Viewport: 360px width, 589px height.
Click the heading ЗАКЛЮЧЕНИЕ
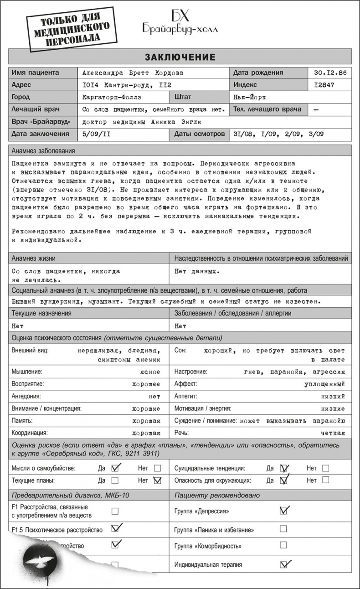tap(180, 57)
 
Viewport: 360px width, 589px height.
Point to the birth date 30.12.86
tap(330, 73)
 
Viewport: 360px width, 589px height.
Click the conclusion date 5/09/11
tap(94, 134)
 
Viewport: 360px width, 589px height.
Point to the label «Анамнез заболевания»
tap(43, 151)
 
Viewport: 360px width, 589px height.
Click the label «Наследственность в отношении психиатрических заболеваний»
tap(261, 258)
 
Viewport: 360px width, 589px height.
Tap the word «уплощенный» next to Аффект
tap(324, 384)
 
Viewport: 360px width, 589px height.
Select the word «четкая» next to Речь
tap(333, 433)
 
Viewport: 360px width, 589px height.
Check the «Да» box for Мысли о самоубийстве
tap(115, 468)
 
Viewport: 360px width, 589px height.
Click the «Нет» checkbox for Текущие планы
tap(158, 480)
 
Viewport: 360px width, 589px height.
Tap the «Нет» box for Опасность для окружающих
tap(325, 480)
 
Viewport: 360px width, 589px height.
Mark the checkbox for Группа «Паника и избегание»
tap(283, 529)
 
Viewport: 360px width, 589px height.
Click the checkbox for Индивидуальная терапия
tap(283, 564)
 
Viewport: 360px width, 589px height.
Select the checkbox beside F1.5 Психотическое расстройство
tap(115, 529)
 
